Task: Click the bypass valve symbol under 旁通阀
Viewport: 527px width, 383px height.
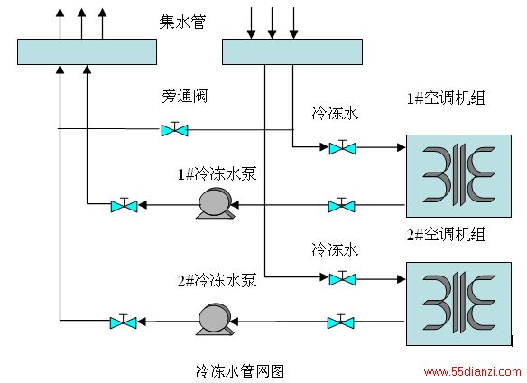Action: (174, 129)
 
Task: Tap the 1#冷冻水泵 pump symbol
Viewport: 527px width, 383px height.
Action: (215, 204)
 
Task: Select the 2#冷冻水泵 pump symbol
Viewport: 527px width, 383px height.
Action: (215, 319)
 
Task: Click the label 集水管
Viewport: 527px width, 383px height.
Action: (182, 23)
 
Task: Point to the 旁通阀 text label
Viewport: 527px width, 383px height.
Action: (184, 97)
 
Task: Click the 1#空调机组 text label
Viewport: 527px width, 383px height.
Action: (446, 98)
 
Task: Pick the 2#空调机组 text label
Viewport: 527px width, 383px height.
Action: (446, 234)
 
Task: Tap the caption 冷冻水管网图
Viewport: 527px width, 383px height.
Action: (240, 371)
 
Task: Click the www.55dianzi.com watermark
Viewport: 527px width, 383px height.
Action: (472, 371)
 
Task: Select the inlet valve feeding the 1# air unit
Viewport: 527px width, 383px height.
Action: (342, 147)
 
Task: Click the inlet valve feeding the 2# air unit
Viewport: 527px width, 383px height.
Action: (342, 278)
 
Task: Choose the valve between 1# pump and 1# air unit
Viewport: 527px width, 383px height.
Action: (341, 205)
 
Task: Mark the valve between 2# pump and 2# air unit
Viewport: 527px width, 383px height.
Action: (341, 322)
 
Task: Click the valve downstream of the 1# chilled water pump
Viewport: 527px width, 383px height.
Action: (124, 205)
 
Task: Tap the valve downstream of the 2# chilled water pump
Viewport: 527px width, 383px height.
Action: (124, 322)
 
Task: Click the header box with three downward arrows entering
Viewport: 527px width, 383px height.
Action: (292, 51)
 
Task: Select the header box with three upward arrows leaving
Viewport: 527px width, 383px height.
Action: (87, 51)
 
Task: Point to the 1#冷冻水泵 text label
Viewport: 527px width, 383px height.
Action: (217, 174)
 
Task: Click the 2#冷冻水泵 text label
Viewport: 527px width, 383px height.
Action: (217, 280)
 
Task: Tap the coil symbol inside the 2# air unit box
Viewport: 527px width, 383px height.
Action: (458, 304)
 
